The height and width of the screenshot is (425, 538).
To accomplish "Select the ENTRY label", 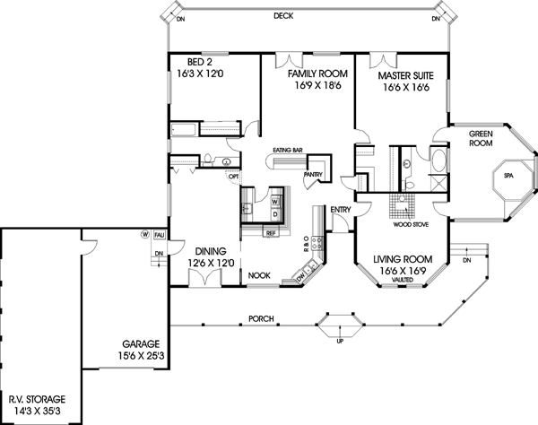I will tap(341, 210).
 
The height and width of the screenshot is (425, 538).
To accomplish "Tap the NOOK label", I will tap(260, 274).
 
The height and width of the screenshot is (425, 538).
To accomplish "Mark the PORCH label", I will tap(262, 318).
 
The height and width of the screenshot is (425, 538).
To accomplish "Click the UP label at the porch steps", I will tap(339, 342).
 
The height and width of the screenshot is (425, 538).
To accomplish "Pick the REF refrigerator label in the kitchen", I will tap(269, 232).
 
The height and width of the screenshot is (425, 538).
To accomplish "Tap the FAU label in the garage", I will tap(159, 234).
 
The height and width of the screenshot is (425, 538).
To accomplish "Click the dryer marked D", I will tap(275, 214).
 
